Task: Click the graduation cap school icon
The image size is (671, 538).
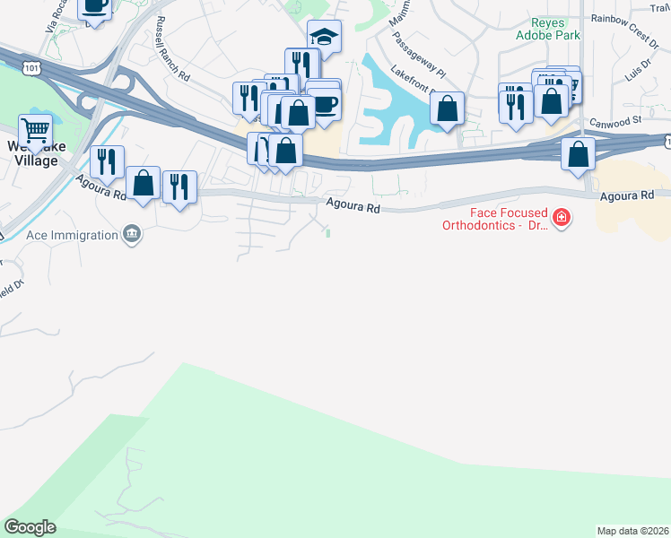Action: [324, 37]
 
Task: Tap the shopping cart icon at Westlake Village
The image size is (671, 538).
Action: [35, 131]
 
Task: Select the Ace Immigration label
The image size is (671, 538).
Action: [73, 235]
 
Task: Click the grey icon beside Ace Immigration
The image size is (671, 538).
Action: [133, 235]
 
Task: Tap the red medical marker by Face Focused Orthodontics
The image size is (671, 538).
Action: [562, 218]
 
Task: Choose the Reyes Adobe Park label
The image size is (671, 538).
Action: [547, 29]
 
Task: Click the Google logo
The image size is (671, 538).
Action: [30, 527]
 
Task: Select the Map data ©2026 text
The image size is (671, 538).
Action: [632, 531]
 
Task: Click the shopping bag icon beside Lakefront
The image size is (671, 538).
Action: [447, 109]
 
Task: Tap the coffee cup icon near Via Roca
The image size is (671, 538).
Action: [94, 6]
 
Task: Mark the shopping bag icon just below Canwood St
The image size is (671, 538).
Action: [579, 153]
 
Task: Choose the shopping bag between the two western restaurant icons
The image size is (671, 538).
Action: [143, 183]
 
